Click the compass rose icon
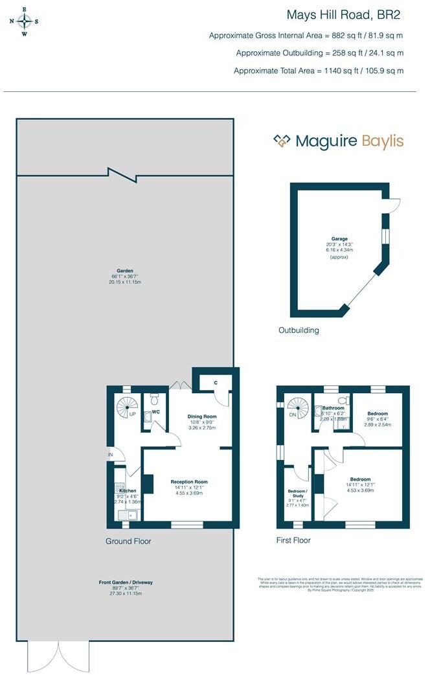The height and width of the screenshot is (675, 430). [x=24, y=21]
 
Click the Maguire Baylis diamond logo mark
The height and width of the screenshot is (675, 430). [x=281, y=141]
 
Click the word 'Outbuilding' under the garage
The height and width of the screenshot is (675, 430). [x=299, y=330]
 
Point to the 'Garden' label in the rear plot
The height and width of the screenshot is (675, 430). [x=126, y=272]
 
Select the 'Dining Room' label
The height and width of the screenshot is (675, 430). [x=201, y=417]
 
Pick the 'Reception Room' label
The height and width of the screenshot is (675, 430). [x=189, y=482]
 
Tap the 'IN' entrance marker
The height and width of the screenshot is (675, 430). [x=111, y=455]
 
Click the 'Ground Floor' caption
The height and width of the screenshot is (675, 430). [x=128, y=541]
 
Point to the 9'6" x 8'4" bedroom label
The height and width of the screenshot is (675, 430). [x=378, y=413]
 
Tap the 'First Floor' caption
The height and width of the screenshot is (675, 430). [x=293, y=540]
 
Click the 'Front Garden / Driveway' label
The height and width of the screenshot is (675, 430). [x=126, y=583]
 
